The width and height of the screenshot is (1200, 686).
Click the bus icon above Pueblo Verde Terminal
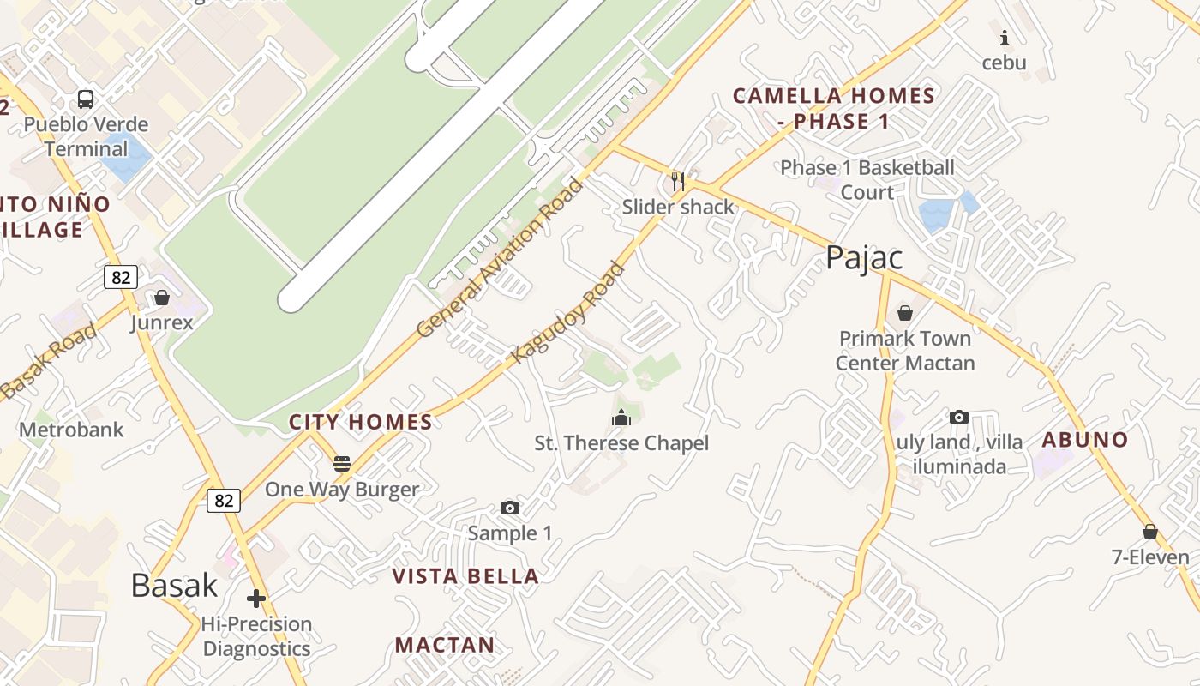pos(86,99)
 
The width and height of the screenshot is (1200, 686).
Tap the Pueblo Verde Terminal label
pos(86,136)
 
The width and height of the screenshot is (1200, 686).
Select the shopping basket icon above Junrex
pos(162,298)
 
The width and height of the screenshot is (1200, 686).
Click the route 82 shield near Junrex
pos(121,277)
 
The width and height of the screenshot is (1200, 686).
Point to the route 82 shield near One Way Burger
pos(224,500)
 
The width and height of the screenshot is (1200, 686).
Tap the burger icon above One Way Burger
pos(342,465)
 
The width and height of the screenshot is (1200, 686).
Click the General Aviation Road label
pos(499,257)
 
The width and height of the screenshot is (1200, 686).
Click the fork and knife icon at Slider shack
pos(678,181)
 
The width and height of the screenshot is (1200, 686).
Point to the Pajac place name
pos(864,257)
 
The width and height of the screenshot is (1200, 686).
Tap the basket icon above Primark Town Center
pos(904,313)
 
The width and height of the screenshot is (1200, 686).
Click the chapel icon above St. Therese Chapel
pos(621,418)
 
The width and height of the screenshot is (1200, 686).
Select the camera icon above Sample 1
pos(510,508)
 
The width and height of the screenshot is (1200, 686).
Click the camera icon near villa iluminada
pos(959,418)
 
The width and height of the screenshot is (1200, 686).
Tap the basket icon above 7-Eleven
pos(1150,533)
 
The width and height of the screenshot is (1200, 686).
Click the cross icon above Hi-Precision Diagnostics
pos(256,599)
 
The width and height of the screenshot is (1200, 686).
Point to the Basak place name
pos(174,585)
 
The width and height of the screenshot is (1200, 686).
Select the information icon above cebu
pos(1004,38)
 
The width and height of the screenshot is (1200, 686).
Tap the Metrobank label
pos(71,430)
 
